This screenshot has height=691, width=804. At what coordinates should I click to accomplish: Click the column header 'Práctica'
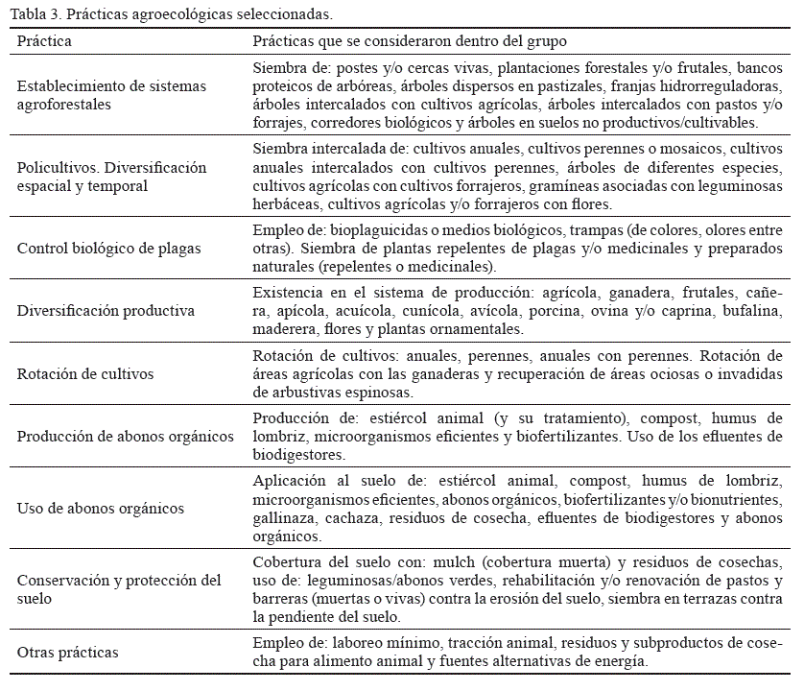click(44, 41)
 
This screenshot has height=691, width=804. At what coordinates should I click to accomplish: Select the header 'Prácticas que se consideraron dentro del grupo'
click(410, 41)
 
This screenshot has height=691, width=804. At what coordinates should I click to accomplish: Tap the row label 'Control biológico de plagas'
click(109, 248)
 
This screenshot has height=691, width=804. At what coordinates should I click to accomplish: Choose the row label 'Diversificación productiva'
click(106, 310)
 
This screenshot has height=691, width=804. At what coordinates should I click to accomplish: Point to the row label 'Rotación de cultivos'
click(85, 373)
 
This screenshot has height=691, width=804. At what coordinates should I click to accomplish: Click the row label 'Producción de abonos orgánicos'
click(126, 436)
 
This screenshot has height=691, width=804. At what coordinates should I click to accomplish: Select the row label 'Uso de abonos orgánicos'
click(101, 508)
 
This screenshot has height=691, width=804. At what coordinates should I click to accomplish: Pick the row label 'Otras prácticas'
click(68, 653)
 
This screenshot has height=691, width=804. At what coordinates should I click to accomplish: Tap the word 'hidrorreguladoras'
click(724, 86)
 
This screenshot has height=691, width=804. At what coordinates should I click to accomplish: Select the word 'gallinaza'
click(281, 517)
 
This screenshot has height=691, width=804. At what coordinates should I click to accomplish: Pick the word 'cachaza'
click(357, 517)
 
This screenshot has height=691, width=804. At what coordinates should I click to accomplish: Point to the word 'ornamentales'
click(477, 328)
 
